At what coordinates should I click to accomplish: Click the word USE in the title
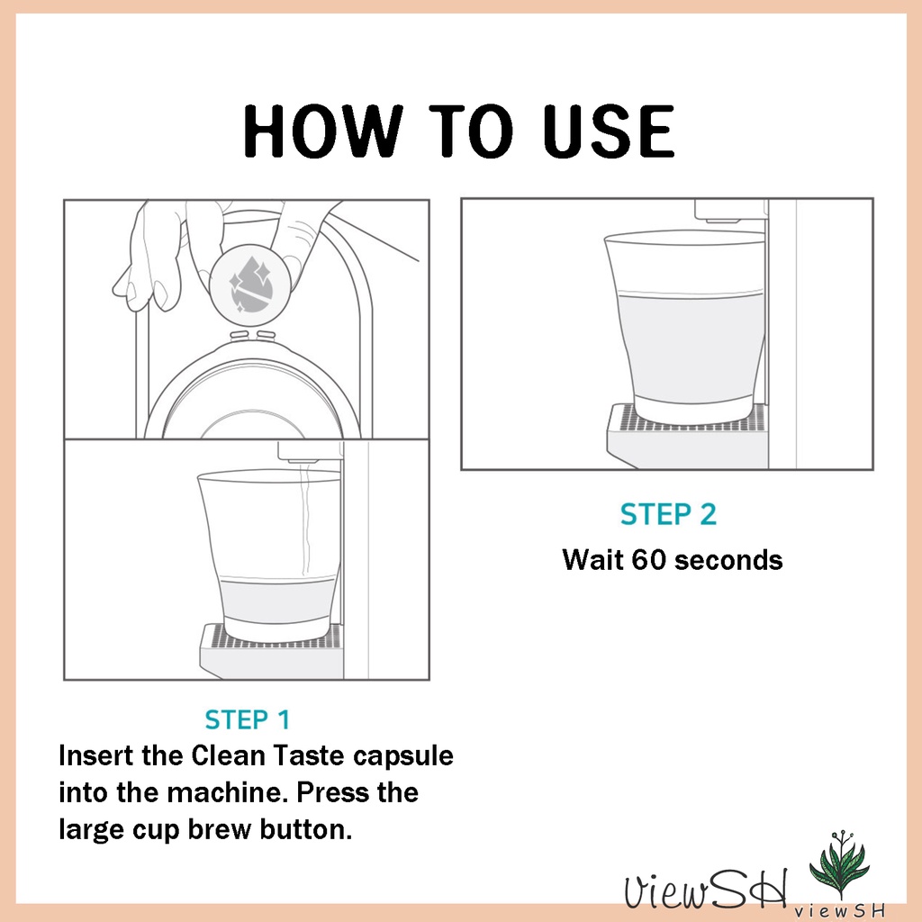pyautogui.click(x=608, y=131)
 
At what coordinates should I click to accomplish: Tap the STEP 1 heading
pyautogui.click(x=248, y=719)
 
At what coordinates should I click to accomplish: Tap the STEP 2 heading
pyautogui.click(x=669, y=514)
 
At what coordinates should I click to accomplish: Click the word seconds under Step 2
pyautogui.click(x=728, y=560)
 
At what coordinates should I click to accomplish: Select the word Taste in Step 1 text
pyautogui.click(x=310, y=755)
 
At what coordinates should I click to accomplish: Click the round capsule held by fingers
pyautogui.click(x=250, y=285)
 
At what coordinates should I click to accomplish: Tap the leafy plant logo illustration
pyautogui.click(x=839, y=863)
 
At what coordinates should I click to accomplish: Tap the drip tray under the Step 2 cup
pyautogui.click(x=687, y=435)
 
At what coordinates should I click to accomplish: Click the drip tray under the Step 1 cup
pyautogui.click(x=272, y=651)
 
